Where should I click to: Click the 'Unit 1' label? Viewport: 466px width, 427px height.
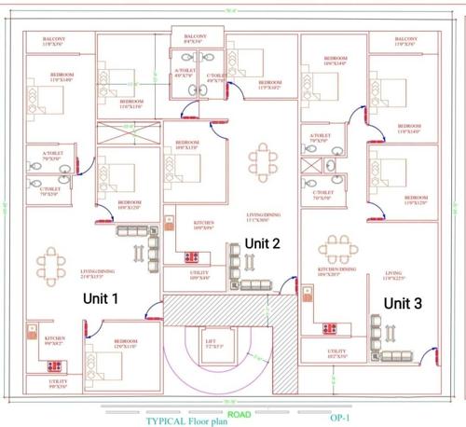pos(103,299)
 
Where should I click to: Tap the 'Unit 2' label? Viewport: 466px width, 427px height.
pos(261,242)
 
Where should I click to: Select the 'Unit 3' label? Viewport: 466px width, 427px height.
pos(404,303)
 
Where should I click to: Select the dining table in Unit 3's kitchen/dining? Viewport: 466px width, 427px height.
pos(337,249)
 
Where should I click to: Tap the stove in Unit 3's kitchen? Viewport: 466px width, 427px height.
pos(329,326)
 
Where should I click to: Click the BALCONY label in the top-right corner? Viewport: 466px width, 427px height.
pos(405,40)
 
